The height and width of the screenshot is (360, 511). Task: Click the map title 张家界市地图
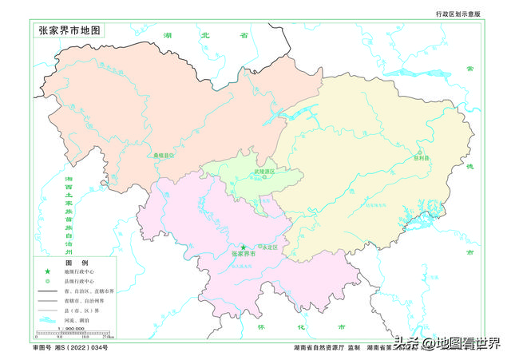[70, 30]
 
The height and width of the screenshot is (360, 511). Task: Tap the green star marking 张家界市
[244, 248]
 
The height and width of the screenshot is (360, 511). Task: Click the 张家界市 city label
[243, 255]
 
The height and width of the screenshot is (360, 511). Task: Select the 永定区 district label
[269, 246]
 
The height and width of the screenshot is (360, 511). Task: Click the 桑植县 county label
[163, 156]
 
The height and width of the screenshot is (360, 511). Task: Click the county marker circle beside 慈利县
[418, 152]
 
